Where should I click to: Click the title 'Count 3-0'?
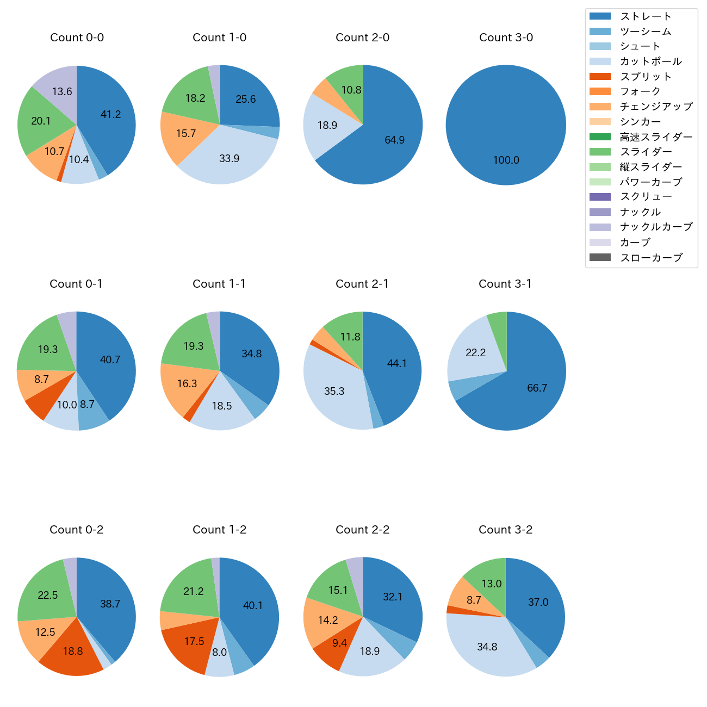pyautogui.click(x=506, y=38)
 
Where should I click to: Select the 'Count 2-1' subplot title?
pyautogui.click(x=362, y=284)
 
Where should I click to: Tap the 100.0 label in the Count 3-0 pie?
pyautogui.click(x=506, y=160)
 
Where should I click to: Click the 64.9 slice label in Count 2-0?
pyautogui.click(x=394, y=140)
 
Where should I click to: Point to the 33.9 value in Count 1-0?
pyautogui.click(x=229, y=158)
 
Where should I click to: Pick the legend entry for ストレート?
pyautogui.click(x=646, y=16)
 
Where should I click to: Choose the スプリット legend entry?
pyautogui.click(x=646, y=77)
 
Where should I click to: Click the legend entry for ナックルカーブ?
pyautogui.click(x=656, y=227)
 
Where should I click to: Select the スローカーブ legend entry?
pyautogui.click(x=651, y=257)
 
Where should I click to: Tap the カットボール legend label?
pyautogui.click(x=650, y=61)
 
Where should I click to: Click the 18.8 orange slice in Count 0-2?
pyautogui.click(x=72, y=652)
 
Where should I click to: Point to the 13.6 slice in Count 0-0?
pyautogui.click(x=62, y=91)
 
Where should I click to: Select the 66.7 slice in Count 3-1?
pyautogui.click(x=537, y=388)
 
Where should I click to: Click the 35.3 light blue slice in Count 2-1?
pyautogui.click(x=334, y=391)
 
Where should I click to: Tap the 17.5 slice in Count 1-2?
pyautogui.click(x=194, y=642)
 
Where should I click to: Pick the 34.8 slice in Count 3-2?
pyautogui.click(x=487, y=647)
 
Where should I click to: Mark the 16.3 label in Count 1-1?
pyautogui.click(x=187, y=383)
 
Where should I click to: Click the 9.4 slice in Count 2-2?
pyautogui.click(x=339, y=643)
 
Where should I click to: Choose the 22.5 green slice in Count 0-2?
pyautogui.click(x=47, y=595)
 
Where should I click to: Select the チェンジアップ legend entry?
pyautogui.click(x=656, y=107)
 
